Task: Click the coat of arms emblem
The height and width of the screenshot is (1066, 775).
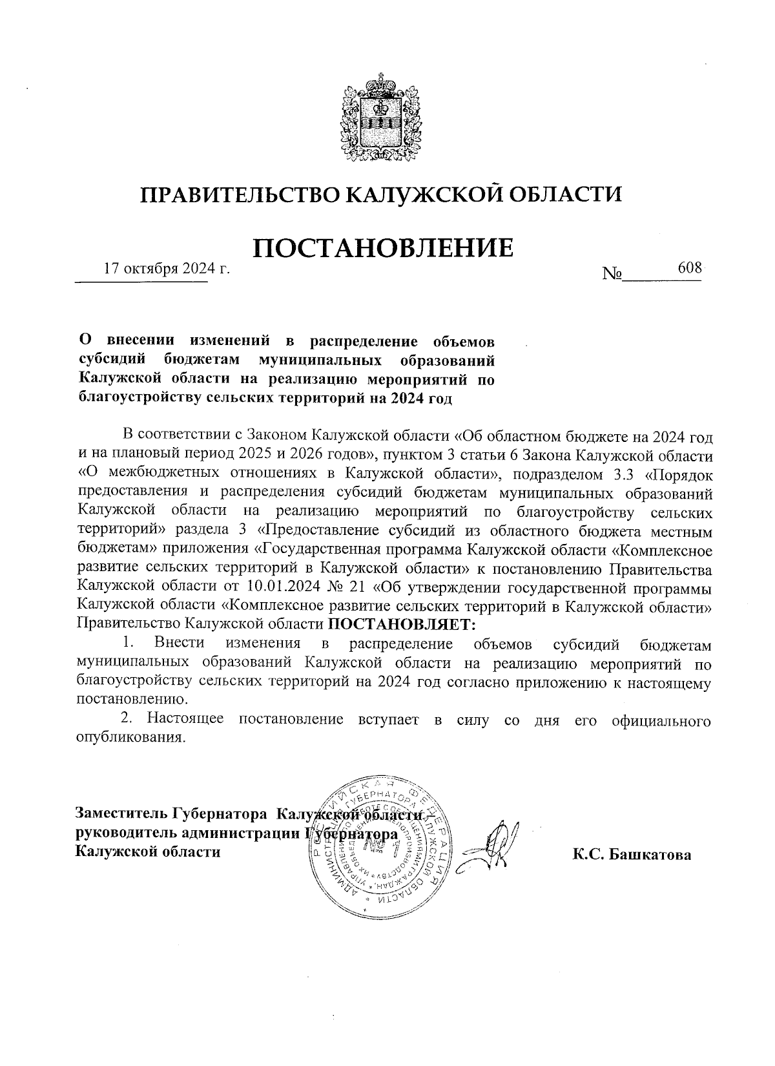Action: coord(380,120)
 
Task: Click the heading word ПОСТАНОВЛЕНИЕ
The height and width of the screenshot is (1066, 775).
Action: coord(382,248)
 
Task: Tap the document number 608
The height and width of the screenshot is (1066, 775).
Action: coord(690,267)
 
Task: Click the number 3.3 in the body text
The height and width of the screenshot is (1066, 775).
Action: coord(622,474)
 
